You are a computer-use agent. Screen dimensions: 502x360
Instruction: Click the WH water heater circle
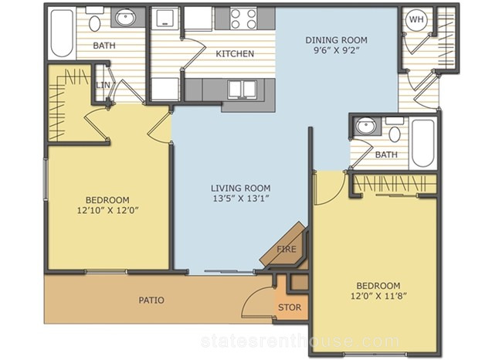pos(416,19)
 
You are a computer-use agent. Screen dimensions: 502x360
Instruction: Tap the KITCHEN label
pos(235,53)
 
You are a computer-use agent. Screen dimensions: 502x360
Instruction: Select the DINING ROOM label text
pos(336,40)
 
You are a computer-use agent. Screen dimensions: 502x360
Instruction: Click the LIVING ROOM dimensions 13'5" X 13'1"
pos(240,199)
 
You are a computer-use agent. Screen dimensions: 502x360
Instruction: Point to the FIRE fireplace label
pos(287,249)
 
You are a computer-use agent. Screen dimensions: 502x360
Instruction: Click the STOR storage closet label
pos(290,307)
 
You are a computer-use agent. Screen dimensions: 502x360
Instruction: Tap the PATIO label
pos(151,300)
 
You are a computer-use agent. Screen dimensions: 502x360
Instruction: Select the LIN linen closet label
pos(103,85)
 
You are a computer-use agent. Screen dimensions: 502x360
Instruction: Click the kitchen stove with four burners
pos(244,19)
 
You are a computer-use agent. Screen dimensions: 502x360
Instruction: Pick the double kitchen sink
pos(242,90)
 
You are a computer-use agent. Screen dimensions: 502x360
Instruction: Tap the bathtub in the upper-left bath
pos(62,33)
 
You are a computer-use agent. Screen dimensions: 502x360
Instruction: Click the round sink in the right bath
pos(366,126)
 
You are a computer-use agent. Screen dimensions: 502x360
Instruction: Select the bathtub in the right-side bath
pos(423,143)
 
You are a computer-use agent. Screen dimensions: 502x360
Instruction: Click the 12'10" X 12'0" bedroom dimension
pos(107,210)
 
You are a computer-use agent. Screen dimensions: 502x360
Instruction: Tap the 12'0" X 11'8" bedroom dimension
pos(378,296)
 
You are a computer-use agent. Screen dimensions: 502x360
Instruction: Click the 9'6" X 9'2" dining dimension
pos(336,51)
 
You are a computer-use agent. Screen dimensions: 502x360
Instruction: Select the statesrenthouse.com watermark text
pos(300,341)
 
